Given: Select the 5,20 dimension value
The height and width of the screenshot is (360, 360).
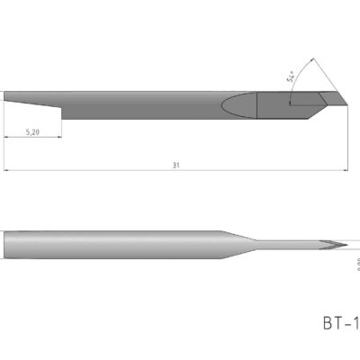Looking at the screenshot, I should pyautogui.click(x=32, y=131).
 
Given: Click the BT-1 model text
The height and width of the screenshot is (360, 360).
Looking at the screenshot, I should pyautogui.click(x=340, y=321).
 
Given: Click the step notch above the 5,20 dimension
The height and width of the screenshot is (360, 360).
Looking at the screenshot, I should pyautogui.click(x=60, y=109).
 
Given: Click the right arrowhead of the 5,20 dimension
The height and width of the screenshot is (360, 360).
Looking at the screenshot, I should pyautogui.click(x=58, y=138).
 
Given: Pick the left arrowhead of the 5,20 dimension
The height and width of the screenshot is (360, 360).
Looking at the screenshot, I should pyautogui.click(x=6, y=138).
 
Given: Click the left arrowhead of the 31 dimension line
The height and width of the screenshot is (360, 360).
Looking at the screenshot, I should pyautogui.click(x=6, y=170).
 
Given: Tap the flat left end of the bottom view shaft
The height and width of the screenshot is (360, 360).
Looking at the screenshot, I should pyautogui.click(x=5, y=245).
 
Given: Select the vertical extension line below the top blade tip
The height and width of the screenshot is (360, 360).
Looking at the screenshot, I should pyautogui.click(x=345, y=135).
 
